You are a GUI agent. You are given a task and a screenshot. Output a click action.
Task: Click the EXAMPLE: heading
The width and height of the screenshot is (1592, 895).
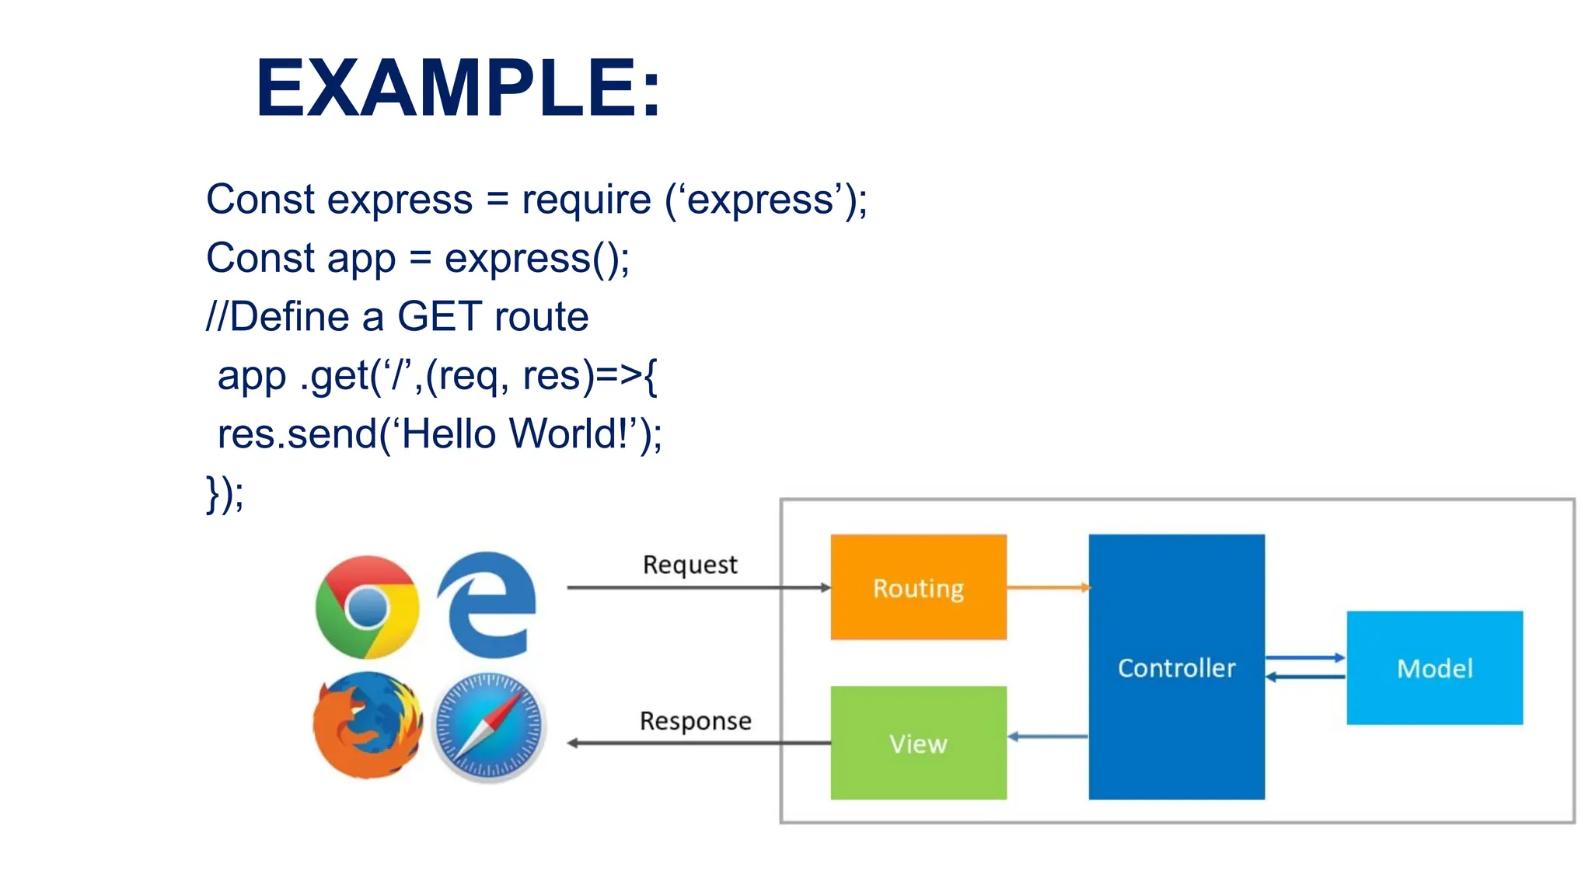click(x=459, y=89)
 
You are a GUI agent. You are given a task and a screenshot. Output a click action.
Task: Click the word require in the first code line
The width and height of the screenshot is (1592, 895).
click(x=586, y=200)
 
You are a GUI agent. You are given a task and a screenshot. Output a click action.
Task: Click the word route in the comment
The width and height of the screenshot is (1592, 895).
click(x=541, y=317)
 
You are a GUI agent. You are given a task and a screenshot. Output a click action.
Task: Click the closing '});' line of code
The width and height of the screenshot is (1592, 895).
click(x=225, y=494)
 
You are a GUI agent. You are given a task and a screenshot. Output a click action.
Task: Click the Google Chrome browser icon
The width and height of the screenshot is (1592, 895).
click(x=367, y=607)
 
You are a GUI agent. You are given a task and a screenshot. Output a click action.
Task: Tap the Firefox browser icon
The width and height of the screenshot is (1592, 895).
click(x=367, y=725)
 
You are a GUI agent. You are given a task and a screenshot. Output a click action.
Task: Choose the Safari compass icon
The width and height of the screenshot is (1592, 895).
click(x=488, y=727)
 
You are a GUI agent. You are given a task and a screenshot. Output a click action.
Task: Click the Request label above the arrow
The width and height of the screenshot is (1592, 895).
click(x=690, y=565)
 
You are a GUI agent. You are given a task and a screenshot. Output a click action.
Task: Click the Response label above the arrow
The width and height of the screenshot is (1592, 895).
click(x=695, y=721)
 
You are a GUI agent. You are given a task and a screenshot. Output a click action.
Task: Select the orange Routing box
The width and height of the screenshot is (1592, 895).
click(x=918, y=587)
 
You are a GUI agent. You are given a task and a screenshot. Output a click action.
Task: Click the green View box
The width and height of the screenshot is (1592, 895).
click(x=918, y=743)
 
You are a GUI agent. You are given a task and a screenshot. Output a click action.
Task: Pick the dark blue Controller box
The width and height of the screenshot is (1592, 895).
click(x=1176, y=667)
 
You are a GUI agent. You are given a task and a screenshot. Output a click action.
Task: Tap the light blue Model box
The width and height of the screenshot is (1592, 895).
click(x=1434, y=668)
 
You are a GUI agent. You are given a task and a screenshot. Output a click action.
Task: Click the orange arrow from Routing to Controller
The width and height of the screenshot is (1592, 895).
click(x=1048, y=587)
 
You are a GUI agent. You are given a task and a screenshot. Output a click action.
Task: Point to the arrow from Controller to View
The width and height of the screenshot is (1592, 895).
click(x=1048, y=737)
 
